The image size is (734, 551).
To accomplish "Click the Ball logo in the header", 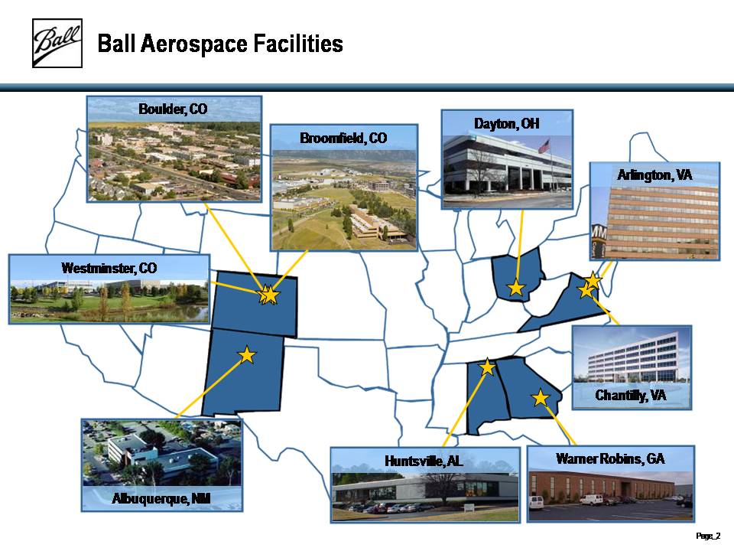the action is pyautogui.click(x=57, y=43).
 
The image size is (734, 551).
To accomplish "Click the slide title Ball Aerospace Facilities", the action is pyautogui.click(x=220, y=44).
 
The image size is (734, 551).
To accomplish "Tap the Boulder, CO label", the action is pyautogui.click(x=173, y=109).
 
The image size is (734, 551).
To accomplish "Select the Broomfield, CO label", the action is pyautogui.click(x=343, y=139).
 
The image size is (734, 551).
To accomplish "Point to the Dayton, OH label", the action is pyautogui.click(x=506, y=124).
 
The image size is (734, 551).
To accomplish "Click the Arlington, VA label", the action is pyautogui.click(x=654, y=175).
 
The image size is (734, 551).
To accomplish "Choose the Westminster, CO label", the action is pyautogui.click(x=109, y=268).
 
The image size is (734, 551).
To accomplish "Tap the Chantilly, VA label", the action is pyautogui.click(x=631, y=396).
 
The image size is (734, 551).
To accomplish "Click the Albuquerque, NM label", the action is pyautogui.click(x=161, y=498).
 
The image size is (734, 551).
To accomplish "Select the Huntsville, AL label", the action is pyautogui.click(x=424, y=461).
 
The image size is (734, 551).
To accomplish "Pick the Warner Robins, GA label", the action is pyautogui.click(x=610, y=458).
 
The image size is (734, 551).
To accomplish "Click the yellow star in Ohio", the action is pyautogui.click(x=516, y=288).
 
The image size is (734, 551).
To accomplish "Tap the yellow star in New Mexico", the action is pyautogui.click(x=247, y=355).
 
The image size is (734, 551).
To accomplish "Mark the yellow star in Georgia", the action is pyautogui.click(x=541, y=398).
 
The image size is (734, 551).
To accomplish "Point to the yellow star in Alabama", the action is pyautogui.click(x=487, y=367).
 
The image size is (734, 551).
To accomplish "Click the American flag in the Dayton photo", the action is pyautogui.click(x=544, y=146).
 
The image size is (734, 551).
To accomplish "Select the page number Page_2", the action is pyautogui.click(x=708, y=536).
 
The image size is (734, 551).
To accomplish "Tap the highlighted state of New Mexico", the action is pyautogui.click(x=243, y=373).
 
